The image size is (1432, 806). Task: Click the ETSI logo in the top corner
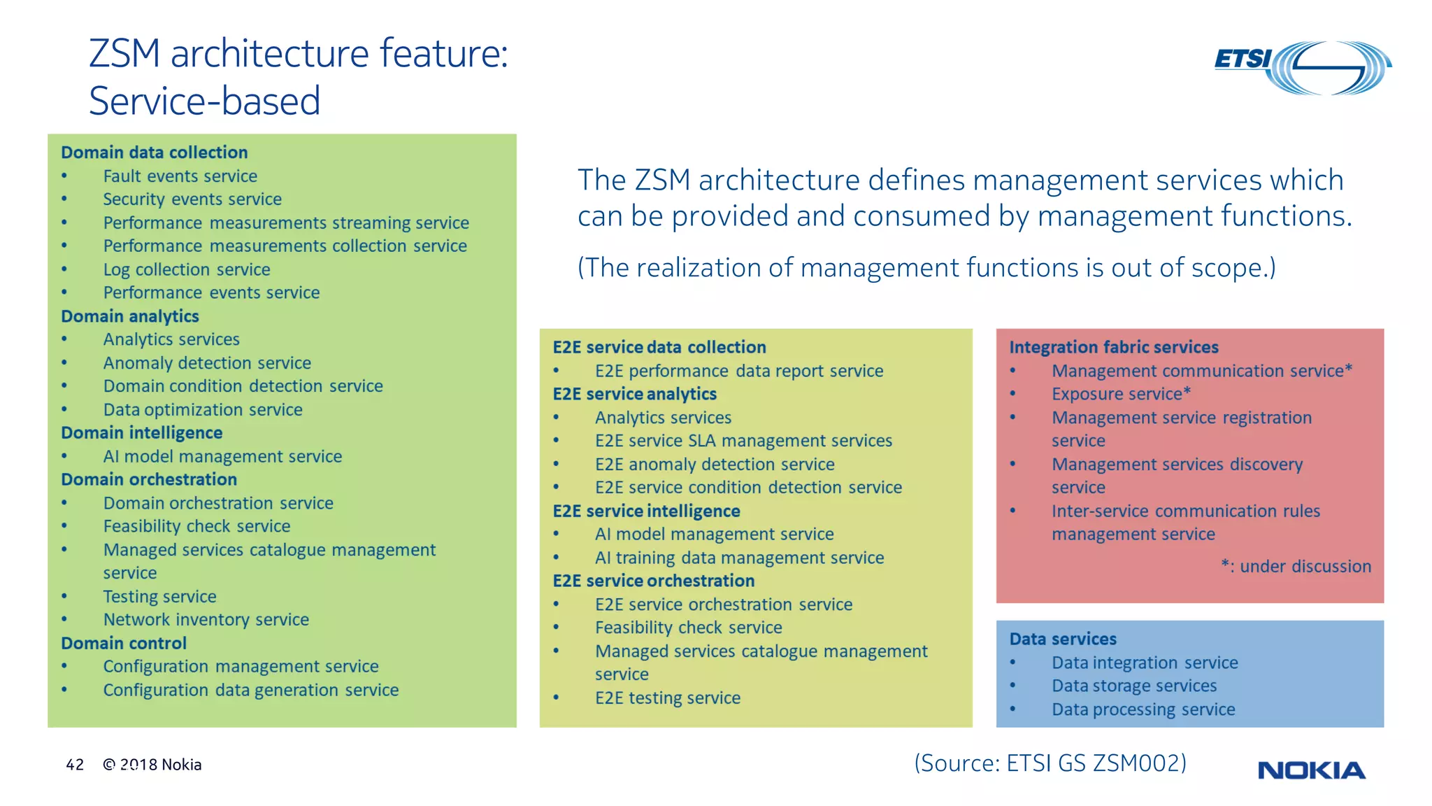1302,66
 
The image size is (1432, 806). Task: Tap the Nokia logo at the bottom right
1311,770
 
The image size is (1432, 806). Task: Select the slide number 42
75,765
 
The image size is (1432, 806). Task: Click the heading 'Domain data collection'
154,153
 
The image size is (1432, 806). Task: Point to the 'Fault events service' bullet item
180,176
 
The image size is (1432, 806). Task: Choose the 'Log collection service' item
186,269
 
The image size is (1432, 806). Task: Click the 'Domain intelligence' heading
141,433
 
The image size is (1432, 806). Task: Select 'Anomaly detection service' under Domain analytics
207,363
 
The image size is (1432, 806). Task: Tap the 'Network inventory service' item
206,620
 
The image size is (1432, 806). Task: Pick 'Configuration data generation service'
250,690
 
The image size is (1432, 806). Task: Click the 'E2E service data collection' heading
659,347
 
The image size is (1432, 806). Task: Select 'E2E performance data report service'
738,371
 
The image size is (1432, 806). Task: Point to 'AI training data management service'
739,558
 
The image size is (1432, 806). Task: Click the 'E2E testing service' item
667,698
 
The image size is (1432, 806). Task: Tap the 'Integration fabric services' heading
1113,347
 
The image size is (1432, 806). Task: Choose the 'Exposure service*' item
1121,394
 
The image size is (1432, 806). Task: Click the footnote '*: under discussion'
1296,566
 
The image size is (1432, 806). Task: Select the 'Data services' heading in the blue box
1063,639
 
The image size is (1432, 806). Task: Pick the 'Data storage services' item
1133,686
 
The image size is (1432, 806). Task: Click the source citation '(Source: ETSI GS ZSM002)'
1050,763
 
